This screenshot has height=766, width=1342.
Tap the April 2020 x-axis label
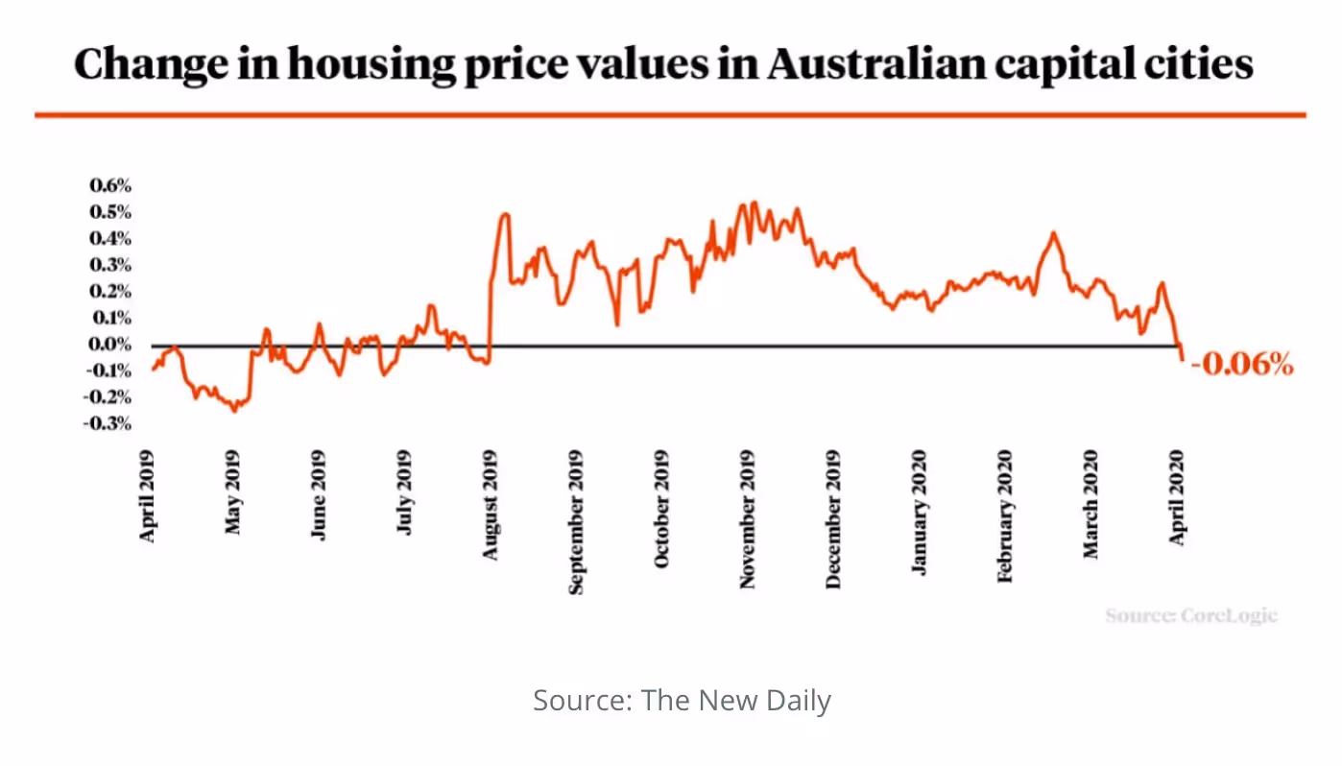pos(1180,497)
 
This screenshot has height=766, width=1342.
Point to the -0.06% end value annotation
pos(1242,365)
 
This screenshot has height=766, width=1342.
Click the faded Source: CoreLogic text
pos(1190,615)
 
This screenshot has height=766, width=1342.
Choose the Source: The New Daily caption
pos(682,701)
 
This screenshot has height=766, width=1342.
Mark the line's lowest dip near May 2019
pos(234,410)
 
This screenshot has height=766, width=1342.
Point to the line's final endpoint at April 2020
pos(1182,359)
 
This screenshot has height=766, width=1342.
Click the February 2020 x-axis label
pos(1005,515)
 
